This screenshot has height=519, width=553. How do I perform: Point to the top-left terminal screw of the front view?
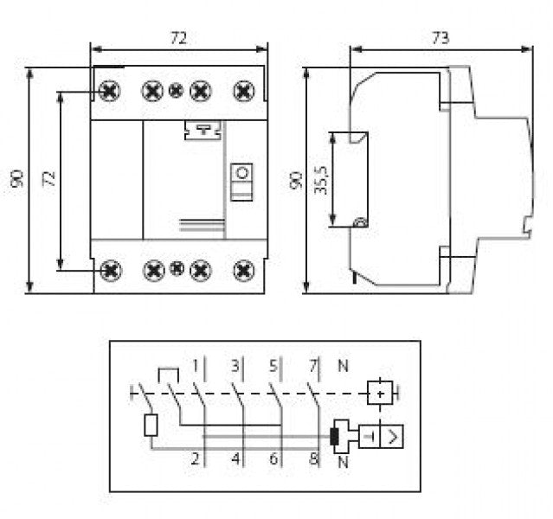click(110, 90)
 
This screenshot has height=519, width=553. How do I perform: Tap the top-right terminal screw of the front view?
click(244, 90)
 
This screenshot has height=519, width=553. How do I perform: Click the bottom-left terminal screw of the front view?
click(110, 270)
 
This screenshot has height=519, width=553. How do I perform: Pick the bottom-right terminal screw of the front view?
click(244, 270)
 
